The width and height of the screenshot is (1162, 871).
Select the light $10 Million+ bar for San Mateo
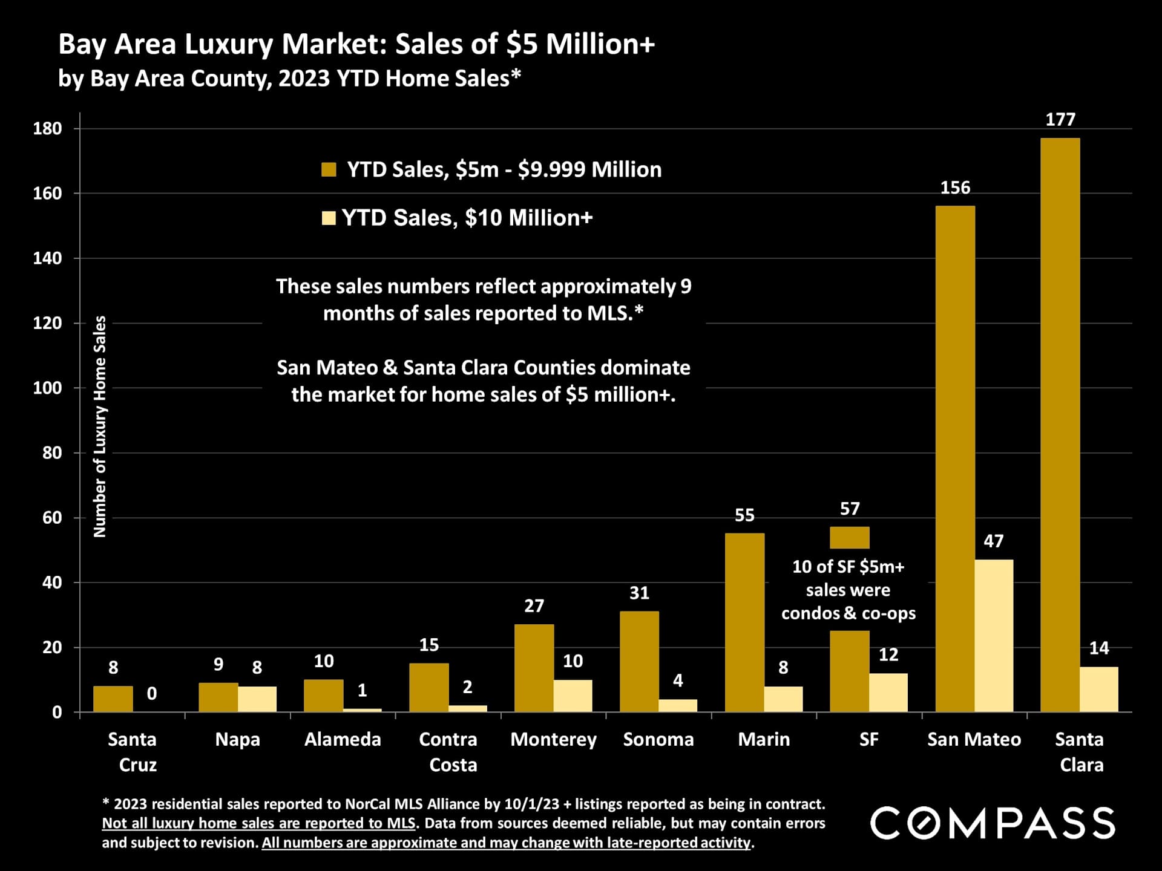[994, 635]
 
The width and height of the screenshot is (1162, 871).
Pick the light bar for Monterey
[573, 696]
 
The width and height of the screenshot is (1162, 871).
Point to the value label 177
[1060, 120]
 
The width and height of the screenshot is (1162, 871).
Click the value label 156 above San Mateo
[955, 188]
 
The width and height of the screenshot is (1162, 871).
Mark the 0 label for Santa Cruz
[152, 693]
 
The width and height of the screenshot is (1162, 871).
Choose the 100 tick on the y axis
[47, 388]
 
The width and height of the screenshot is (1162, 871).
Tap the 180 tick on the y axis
[47, 128]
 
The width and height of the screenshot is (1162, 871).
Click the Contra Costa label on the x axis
[448, 752]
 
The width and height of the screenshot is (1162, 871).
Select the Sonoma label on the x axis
[658, 739]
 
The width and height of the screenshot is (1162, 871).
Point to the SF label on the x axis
[868, 739]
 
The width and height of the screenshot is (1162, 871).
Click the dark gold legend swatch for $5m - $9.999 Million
[329, 169]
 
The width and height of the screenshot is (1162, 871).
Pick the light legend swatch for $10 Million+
[329, 218]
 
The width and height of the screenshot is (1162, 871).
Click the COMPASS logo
[993, 823]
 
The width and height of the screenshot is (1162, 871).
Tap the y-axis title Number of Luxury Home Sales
[100, 426]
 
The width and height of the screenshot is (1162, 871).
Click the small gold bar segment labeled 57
[849, 537]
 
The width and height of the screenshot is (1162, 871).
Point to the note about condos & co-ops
[848, 590]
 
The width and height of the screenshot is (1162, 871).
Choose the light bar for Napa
[257, 699]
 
